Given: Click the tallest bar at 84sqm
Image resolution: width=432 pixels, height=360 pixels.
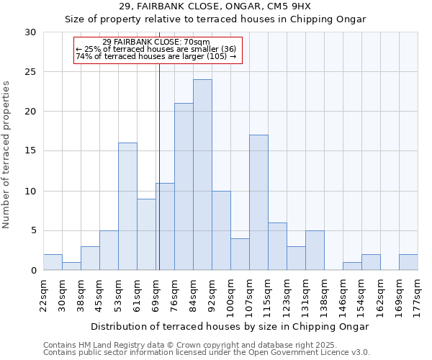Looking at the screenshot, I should (x=202, y=175).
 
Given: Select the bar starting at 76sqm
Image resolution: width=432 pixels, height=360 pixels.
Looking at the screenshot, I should (x=184, y=186).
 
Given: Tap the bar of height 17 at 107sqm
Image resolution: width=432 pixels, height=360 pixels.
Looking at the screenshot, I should (x=258, y=202).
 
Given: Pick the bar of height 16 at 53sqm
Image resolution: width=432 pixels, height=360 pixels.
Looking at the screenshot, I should (x=127, y=207).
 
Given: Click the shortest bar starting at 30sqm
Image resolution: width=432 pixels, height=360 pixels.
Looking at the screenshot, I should (x=71, y=266).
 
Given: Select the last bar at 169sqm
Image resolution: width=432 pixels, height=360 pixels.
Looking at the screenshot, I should (x=408, y=263).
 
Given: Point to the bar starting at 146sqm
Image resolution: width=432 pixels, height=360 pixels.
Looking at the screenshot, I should (x=352, y=266).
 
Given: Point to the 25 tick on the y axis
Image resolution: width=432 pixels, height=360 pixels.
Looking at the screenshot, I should (x=31, y=72).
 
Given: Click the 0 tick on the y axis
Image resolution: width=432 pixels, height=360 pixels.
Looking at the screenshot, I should (x=34, y=271).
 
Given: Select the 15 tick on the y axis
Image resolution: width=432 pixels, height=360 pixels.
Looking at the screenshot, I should (x=31, y=151).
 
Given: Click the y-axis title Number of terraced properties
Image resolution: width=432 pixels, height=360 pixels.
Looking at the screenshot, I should (x=6, y=155).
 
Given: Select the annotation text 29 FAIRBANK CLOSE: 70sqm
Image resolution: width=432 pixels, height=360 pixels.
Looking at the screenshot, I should (x=156, y=42).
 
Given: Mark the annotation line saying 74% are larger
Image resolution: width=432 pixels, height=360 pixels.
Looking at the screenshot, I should (x=156, y=56).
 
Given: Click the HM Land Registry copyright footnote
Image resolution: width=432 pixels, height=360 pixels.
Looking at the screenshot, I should (x=190, y=345).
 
